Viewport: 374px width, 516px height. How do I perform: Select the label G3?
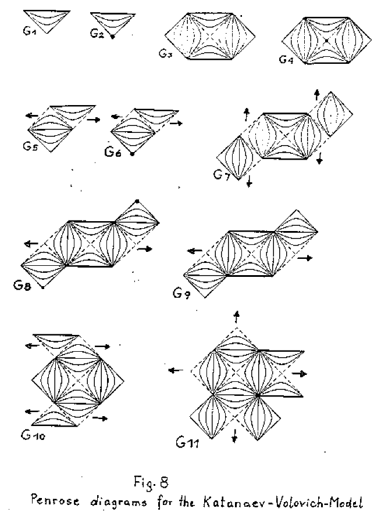[166, 54]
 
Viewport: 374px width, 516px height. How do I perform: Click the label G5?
[31, 147]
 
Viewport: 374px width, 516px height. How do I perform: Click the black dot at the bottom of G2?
[112, 37]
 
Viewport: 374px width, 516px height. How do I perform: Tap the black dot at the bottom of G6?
[133, 154]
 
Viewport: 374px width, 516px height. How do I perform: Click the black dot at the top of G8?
[137, 201]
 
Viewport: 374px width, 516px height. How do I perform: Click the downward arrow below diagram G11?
[234, 435]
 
